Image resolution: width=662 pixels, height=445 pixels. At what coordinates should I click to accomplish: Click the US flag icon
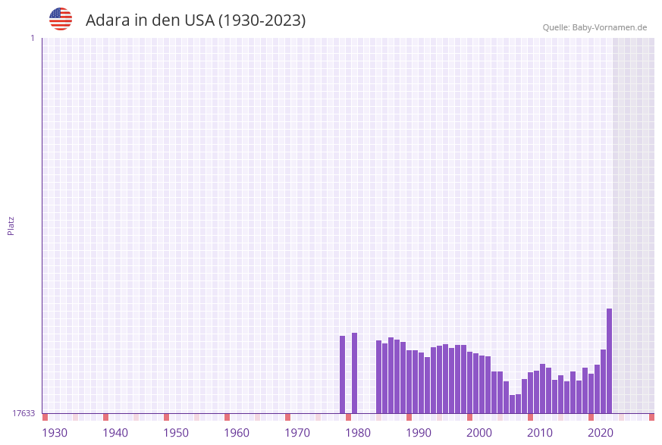click(x=61, y=19)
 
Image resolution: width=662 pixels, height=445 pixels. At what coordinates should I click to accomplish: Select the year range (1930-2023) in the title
click(x=262, y=20)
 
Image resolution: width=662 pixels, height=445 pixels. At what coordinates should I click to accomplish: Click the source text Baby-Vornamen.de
click(x=610, y=27)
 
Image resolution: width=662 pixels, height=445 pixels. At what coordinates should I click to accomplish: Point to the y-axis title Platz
click(x=11, y=225)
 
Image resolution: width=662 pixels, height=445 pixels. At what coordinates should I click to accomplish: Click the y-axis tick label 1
click(x=32, y=38)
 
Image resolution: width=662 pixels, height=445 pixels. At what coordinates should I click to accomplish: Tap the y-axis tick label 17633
click(x=24, y=413)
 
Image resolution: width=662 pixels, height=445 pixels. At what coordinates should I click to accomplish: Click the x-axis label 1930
click(x=55, y=432)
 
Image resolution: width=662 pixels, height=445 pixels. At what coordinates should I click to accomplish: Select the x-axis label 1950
click(x=176, y=432)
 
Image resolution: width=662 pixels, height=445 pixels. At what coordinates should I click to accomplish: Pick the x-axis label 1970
click(x=297, y=432)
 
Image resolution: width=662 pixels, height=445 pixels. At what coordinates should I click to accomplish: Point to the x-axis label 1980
click(x=358, y=432)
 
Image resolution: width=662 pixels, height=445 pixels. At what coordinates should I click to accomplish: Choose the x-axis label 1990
click(x=419, y=432)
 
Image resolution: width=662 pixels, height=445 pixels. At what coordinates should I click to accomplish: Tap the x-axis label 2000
click(x=479, y=432)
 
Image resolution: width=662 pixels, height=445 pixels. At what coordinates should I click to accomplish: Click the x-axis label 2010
click(x=540, y=432)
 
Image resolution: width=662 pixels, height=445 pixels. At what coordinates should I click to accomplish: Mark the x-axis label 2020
click(x=601, y=432)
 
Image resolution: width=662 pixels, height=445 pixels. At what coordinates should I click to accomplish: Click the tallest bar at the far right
click(x=609, y=361)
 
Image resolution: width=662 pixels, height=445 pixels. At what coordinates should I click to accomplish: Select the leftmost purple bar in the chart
click(x=342, y=374)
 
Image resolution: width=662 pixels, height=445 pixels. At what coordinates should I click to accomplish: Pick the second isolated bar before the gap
click(x=354, y=373)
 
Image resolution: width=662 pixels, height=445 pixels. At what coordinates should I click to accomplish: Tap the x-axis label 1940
click(x=115, y=432)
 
